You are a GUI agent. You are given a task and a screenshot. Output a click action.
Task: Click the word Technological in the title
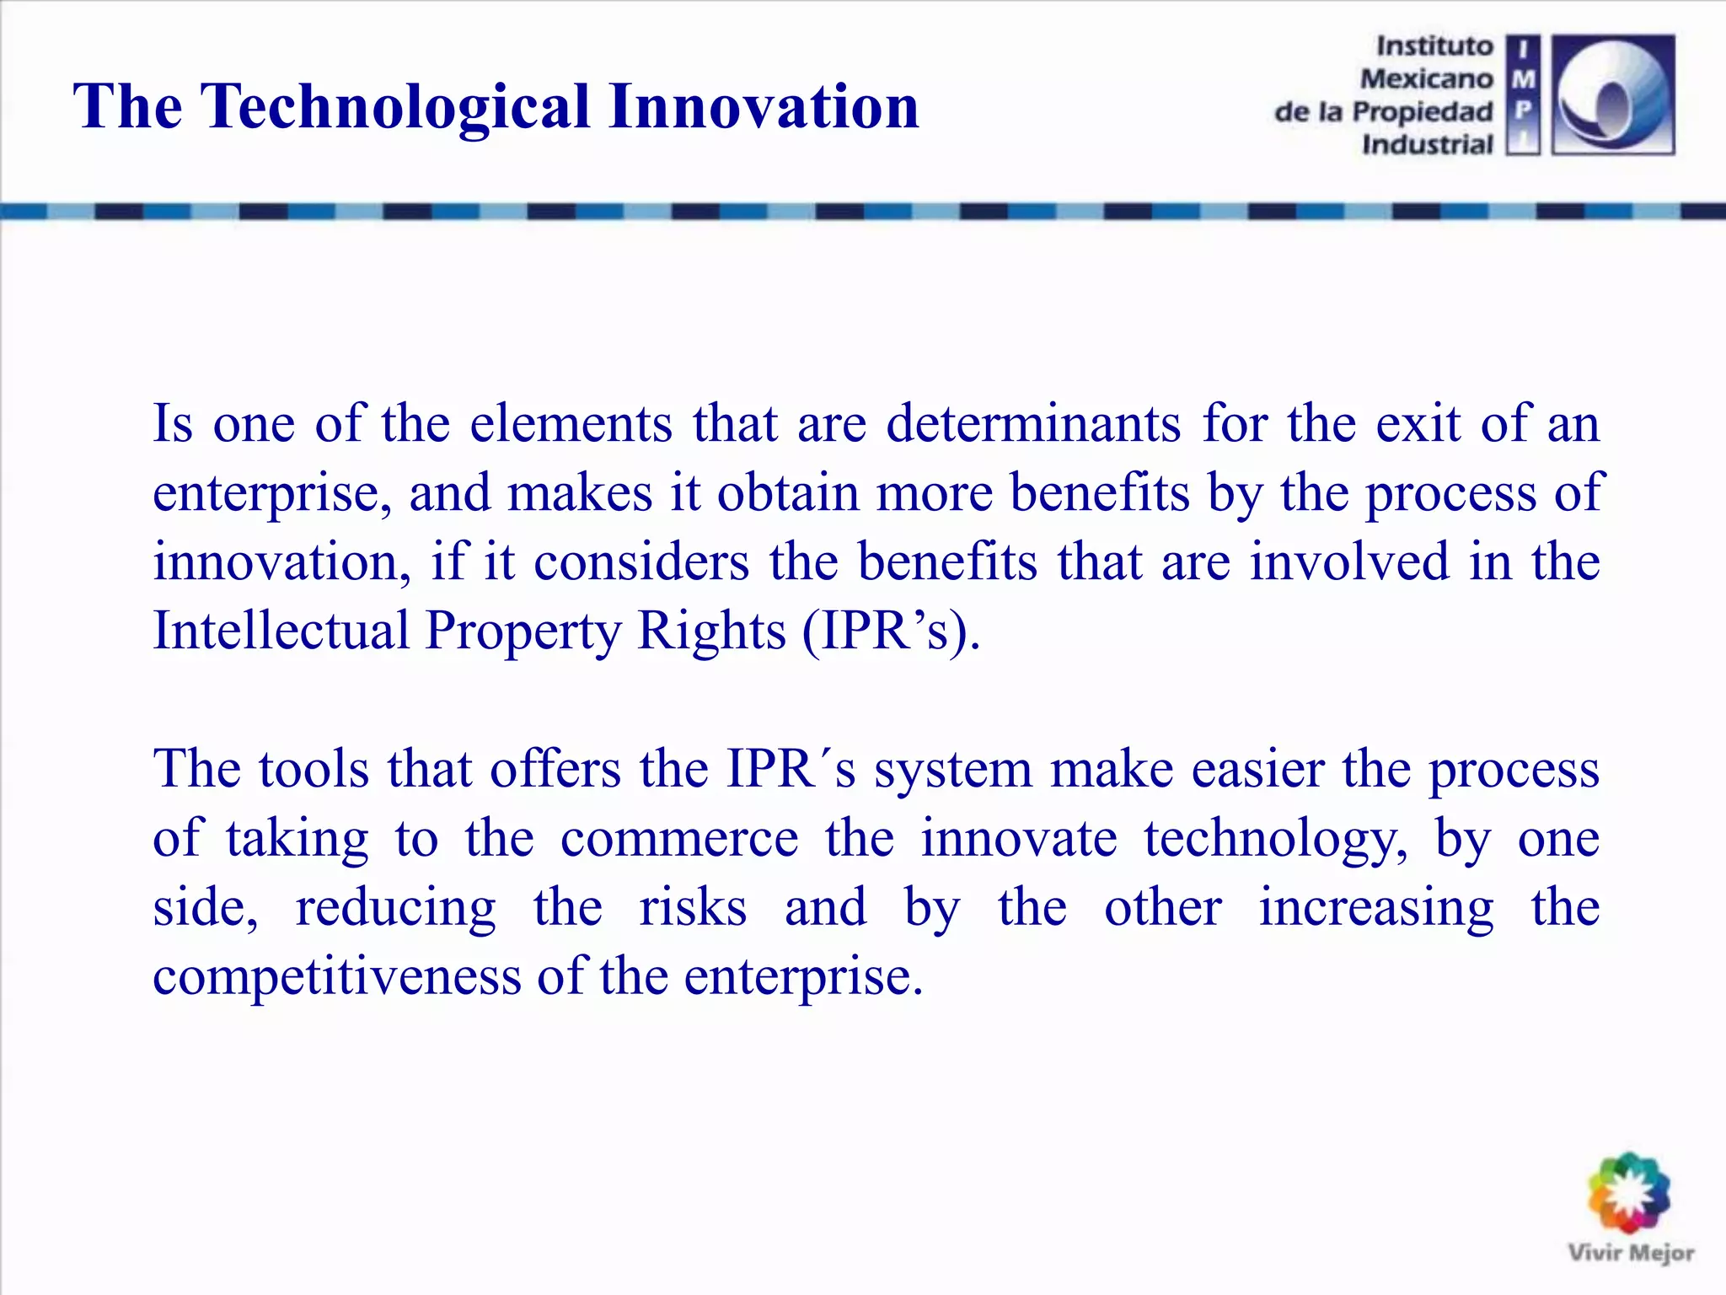point(395,107)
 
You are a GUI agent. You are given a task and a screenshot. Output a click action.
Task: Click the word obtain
point(787,492)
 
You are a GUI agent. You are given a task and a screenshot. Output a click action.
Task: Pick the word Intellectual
point(281,631)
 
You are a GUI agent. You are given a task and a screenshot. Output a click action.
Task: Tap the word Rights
point(711,631)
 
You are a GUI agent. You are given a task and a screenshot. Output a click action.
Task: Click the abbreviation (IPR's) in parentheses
point(891,631)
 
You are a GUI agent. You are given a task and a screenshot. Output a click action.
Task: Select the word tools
point(314,769)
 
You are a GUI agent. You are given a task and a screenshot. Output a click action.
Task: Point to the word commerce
point(679,839)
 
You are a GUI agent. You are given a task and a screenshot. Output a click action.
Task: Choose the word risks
point(693,908)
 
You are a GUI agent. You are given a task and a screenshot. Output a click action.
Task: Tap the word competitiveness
point(337,978)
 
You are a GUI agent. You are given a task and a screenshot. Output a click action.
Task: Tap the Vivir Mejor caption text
point(1631,1253)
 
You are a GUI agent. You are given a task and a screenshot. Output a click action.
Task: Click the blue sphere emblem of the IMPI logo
point(1612,95)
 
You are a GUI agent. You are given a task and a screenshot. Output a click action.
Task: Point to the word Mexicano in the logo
point(1426,78)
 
